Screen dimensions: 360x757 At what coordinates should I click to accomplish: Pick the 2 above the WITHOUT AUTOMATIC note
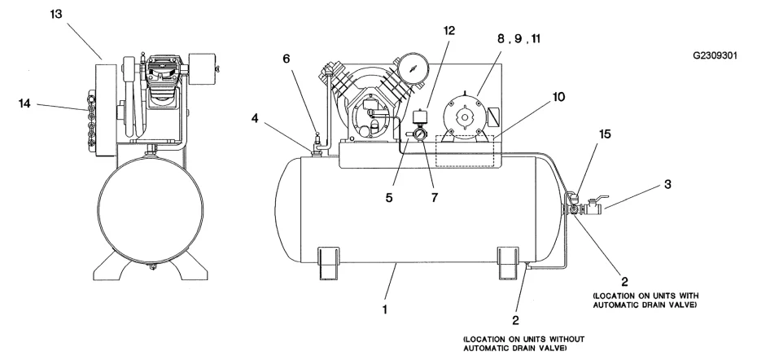tap(515, 320)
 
